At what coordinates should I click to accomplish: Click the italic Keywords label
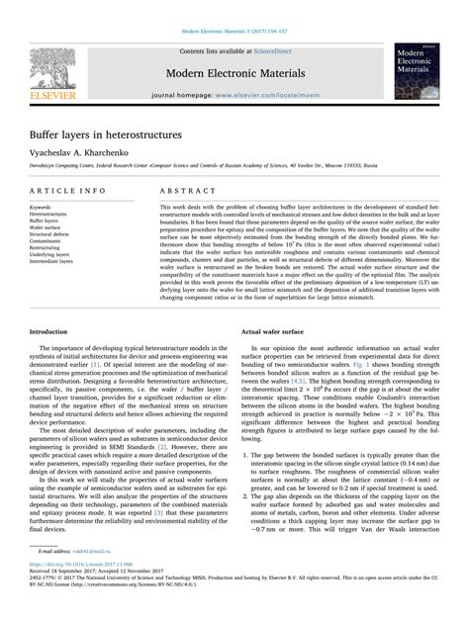pos(42,207)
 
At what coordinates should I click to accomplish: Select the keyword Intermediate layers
pos(51,261)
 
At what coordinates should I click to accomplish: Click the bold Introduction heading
pos(48,305)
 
